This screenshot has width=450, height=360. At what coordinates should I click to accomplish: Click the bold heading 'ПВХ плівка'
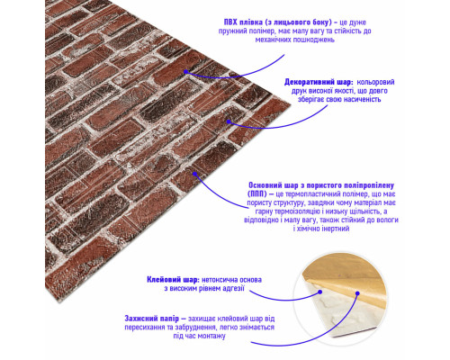coord(243,22)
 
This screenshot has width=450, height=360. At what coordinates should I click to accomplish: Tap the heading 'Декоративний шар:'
coord(319,82)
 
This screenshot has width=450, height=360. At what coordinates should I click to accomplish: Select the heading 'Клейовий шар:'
coord(173,280)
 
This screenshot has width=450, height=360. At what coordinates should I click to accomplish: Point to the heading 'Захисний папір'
coord(152,319)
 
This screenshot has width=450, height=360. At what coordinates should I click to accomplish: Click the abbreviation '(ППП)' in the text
coord(257,194)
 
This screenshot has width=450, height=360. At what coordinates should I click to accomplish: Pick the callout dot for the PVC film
coord(186,72)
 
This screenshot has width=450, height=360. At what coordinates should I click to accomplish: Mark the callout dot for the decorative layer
coord(229,121)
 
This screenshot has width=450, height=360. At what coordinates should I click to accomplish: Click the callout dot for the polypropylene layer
coord(194,174)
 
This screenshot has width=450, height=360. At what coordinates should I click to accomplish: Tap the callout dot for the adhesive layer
coord(320,292)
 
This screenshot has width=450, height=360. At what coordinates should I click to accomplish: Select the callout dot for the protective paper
coord(357,293)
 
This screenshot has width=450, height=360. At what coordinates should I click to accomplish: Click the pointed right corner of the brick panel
coord(290,104)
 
